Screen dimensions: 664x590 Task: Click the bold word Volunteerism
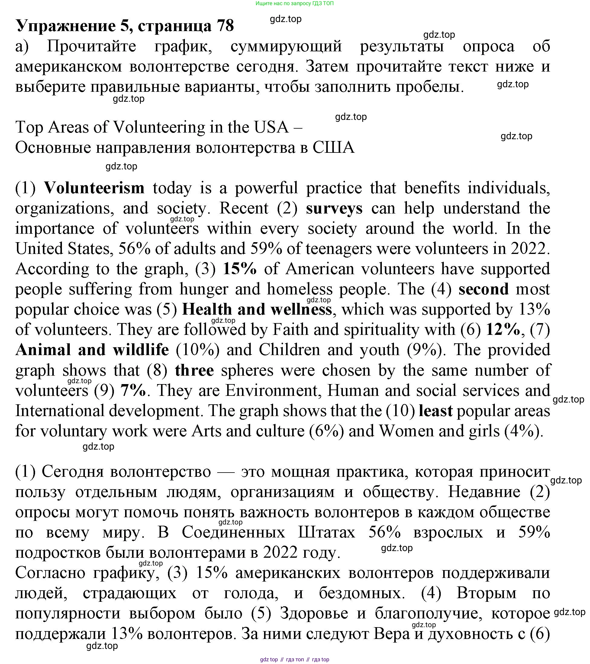[94, 188]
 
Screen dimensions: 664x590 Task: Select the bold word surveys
[334, 208]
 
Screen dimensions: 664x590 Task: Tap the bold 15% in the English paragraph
[239, 269]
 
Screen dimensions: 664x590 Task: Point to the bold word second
[483, 289]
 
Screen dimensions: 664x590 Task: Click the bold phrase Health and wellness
[257, 309]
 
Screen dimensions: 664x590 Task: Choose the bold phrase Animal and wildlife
[92, 350]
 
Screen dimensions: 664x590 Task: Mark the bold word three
[194, 370]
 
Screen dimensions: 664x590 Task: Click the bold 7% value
[133, 390]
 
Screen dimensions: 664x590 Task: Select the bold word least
[435, 411]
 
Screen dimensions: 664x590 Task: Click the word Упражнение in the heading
[65, 26]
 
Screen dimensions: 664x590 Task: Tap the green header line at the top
[294, 3]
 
